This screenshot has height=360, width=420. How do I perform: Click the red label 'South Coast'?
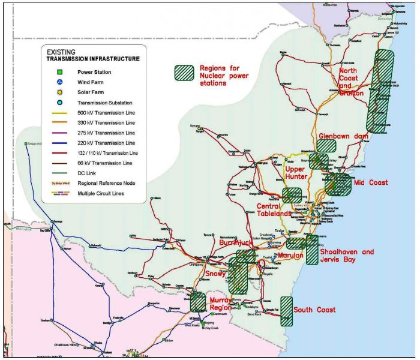pyautogui.click(x=314, y=310)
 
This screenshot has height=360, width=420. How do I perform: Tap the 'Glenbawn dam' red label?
pyautogui.click(x=344, y=136)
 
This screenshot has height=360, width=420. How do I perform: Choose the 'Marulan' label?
pyautogui.click(x=292, y=256)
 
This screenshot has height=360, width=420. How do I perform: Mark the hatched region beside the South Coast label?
pyautogui.click(x=287, y=311)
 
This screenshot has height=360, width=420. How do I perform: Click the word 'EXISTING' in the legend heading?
pyautogui.click(x=62, y=52)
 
